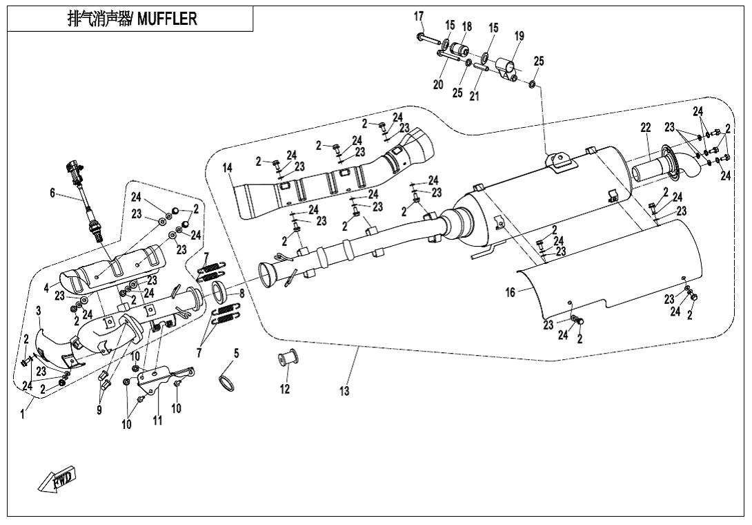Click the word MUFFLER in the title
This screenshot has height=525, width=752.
pos(167,19)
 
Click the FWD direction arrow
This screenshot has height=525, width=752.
pos(57,479)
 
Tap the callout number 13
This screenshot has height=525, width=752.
pos(344,392)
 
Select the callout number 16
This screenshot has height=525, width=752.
pos(510,293)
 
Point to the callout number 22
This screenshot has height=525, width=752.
pos(645,128)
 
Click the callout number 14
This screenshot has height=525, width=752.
pos(228,168)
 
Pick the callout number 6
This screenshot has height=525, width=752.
pos(52,194)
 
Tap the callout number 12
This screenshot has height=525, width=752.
pos(285,390)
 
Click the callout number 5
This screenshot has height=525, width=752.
pos(236,353)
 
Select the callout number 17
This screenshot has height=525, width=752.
pos(419,16)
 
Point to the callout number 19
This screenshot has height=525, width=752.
pos(519,36)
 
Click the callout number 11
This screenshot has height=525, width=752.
pos(158,421)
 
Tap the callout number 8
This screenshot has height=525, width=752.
pos(241,292)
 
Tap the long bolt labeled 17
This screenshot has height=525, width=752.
pos(429,37)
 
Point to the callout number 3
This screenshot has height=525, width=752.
pos(39,310)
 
